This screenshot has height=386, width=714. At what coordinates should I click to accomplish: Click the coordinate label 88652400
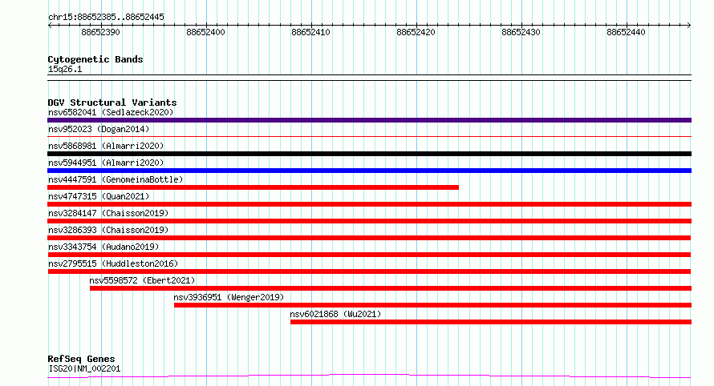(x=206, y=32)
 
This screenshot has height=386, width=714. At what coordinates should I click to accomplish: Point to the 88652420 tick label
(x=416, y=32)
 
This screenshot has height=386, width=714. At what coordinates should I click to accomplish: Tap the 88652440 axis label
(x=626, y=32)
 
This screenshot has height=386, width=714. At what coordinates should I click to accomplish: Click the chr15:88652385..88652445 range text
(x=106, y=18)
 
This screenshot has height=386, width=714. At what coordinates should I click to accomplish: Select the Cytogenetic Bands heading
(x=95, y=59)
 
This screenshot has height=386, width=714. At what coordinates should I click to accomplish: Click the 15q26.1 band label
(x=65, y=69)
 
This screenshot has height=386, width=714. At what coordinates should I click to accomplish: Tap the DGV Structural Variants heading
(x=112, y=103)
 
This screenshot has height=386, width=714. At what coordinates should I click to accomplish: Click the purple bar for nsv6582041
(x=369, y=120)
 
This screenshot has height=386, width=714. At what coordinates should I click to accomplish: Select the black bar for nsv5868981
(x=369, y=154)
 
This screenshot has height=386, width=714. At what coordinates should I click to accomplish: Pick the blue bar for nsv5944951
(x=369, y=171)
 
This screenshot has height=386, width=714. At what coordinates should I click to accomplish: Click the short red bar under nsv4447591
(x=254, y=187)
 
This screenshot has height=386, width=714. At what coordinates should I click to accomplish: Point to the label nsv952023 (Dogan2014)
(x=99, y=129)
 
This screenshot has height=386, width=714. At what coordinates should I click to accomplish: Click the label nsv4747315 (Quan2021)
(x=99, y=196)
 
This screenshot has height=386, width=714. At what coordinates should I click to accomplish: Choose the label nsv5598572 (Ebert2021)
(x=142, y=280)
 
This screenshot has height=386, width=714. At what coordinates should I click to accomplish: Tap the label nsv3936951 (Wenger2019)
(x=229, y=297)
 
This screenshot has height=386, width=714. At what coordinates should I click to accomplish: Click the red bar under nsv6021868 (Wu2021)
(x=491, y=322)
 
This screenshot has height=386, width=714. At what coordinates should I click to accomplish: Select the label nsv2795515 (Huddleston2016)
(x=113, y=263)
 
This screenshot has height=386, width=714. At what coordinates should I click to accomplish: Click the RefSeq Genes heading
(x=81, y=359)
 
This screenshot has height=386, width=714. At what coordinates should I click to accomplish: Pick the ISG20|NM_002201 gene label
(x=84, y=368)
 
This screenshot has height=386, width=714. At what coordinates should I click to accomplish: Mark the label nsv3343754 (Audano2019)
(x=103, y=247)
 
